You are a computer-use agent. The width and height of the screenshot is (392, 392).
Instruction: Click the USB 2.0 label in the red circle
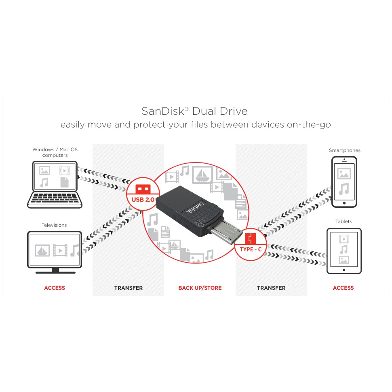pos(143,200)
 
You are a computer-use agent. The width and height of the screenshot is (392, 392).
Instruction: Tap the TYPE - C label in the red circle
pos(251,249)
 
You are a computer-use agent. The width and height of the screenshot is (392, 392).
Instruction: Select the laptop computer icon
pos(55,185)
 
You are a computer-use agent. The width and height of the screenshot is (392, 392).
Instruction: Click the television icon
pos(55,252)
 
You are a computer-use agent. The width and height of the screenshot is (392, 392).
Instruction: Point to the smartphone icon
pos(344,182)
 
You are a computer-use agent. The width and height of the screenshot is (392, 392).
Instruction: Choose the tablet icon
pos(344,251)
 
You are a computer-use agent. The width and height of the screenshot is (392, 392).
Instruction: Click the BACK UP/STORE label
pos(200,288)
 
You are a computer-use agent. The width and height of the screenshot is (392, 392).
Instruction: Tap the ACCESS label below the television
pos(55,288)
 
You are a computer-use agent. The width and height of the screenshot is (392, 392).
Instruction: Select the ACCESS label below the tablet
pos(343,288)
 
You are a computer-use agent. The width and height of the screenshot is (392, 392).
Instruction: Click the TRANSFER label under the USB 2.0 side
pos(129,288)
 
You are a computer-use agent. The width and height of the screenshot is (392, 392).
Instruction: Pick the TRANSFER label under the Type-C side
pos(271,288)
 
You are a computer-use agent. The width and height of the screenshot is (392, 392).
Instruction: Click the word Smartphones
pos(344,150)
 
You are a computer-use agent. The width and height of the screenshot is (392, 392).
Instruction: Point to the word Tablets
pos(344,221)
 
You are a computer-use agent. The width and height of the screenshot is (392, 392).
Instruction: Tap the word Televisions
pos(54,225)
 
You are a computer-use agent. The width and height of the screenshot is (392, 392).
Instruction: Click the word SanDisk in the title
pos(163,111)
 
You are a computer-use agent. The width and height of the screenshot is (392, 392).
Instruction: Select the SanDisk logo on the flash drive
pos(195,208)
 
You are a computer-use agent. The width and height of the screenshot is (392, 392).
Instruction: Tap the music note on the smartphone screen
pos(344,189)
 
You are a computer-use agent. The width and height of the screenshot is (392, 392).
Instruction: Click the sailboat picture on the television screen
pos(42,250)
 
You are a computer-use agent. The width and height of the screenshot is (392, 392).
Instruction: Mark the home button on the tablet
pos(344,270)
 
